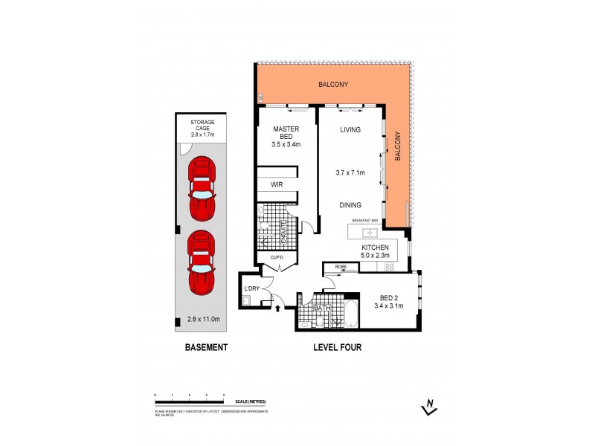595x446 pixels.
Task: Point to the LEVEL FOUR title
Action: [337, 347]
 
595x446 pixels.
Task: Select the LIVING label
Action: [350, 130]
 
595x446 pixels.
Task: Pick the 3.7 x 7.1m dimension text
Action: [350, 172]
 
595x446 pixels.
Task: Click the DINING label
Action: [350, 205]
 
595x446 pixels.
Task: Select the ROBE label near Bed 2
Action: [341, 266]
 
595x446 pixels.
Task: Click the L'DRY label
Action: [251, 288]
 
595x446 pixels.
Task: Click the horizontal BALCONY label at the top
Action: [332, 84]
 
